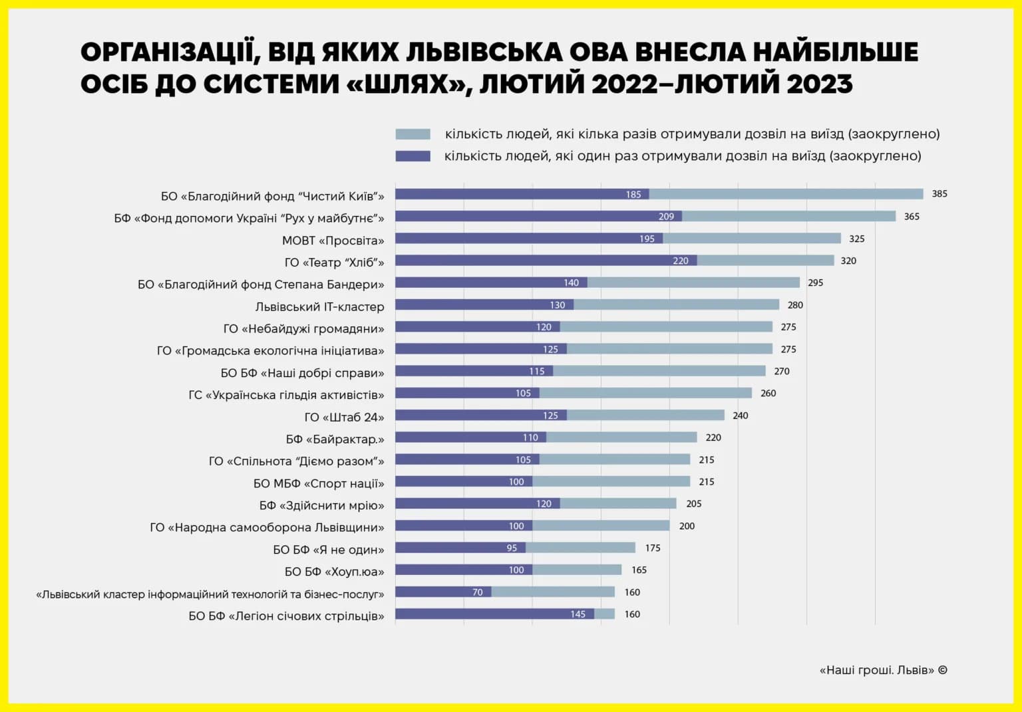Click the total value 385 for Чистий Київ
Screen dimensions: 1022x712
(939, 193)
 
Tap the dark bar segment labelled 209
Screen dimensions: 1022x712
(538, 216)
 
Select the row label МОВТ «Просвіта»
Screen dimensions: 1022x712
(333, 240)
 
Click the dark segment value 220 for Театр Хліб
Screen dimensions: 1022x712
(680, 261)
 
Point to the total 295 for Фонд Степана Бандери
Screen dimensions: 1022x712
(815, 283)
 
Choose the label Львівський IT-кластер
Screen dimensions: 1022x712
(320, 306)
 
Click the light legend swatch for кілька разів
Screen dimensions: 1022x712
(413, 134)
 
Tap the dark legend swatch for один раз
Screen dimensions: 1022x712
(413, 156)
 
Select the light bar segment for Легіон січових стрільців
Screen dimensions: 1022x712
(605, 614)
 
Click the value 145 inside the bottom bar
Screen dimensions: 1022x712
(578, 614)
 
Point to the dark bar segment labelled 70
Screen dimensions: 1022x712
(443, 592)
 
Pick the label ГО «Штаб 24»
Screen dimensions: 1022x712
(345, 417)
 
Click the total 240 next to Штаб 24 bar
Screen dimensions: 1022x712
(740, 415)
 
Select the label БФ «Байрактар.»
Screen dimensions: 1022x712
(335, 439)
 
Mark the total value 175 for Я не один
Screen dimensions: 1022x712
(653, 548)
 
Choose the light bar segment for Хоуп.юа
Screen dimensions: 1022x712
(577, 570)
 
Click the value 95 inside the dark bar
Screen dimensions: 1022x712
(512, 548)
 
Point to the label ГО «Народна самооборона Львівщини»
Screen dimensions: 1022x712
(267, 527)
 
